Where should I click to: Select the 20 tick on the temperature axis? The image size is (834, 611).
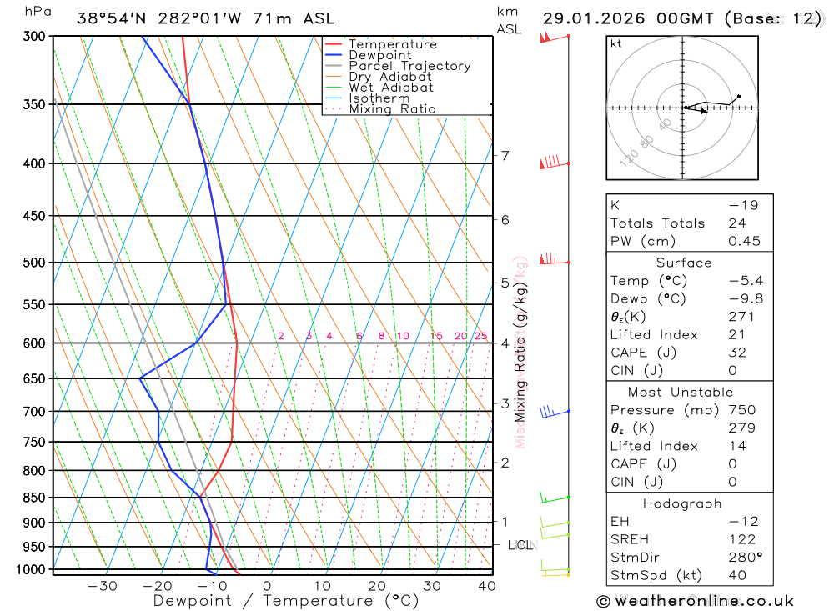coord(377,586)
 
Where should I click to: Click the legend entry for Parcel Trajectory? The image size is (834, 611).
coord(409,66)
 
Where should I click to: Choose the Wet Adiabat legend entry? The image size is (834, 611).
coord(391,88)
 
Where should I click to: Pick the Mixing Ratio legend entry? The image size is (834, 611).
coord(392,109)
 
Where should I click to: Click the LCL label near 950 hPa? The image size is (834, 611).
coord(520,545)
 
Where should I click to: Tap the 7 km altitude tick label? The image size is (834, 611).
coord(505,156)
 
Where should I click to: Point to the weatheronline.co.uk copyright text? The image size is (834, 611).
coord(695,601)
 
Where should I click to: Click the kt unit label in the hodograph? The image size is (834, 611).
coord(616,43)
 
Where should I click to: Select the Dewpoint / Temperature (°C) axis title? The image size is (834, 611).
coord(286,601)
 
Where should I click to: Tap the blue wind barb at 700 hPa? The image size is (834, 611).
coord(547,412)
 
